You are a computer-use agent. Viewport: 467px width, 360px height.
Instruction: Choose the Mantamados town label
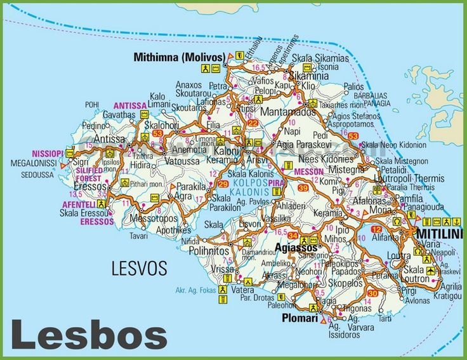(x=277, y=110)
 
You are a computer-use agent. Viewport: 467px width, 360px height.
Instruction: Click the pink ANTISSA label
(x=130, y=105)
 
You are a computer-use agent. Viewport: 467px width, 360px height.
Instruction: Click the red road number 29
(x=222, y=185)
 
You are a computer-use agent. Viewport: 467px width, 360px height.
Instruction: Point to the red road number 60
(x=372, y=293)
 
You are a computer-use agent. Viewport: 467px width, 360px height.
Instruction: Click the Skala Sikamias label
(x=320, y=58)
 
